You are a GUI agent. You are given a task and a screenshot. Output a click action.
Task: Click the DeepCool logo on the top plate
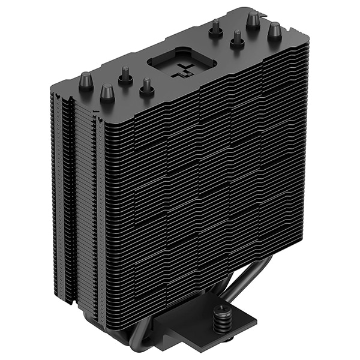click(x=184, y=70)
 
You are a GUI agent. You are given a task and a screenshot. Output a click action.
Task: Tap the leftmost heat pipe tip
click(x=86, y=80)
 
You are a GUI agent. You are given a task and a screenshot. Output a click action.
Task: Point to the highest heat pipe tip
click(x=253, y=20)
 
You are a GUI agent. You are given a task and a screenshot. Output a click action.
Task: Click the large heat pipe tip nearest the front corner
click(x=107, y=92)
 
